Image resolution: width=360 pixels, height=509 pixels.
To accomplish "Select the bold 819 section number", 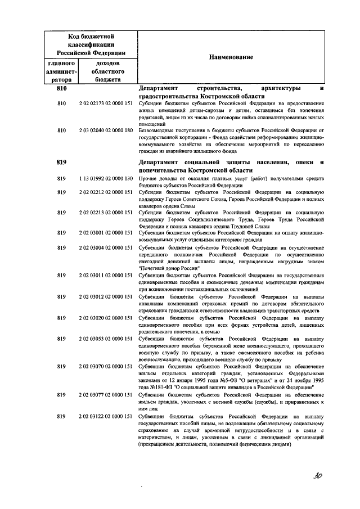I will pyautogui.click(x=62, y=162).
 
